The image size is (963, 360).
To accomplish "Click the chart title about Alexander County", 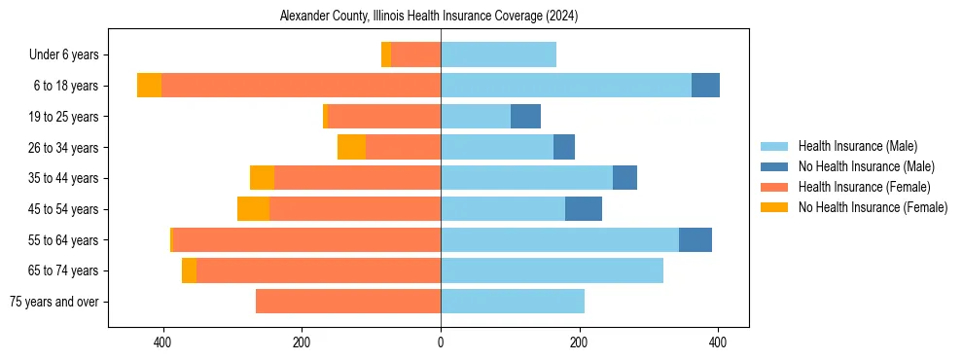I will tap(429, 17).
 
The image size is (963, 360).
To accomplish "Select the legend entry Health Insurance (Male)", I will tap(857, 146).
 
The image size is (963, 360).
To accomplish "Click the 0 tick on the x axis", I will tap(441, 342).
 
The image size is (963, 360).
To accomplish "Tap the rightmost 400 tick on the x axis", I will tap(718, 342).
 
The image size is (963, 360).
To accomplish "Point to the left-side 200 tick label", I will tap(302, 342).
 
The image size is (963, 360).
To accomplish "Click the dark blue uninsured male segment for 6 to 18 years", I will tap(705, 86).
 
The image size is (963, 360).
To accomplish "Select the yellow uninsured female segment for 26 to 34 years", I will tap(351, 147).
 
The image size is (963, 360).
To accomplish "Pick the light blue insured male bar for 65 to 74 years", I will tap(552, 270).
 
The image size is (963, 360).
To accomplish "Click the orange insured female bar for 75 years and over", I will tap(348, 302).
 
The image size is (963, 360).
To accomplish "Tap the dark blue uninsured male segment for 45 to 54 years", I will tap(584, 209).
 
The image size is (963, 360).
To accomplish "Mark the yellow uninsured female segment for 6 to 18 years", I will tap(149, 86).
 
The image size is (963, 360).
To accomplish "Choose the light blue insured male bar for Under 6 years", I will tap(498, 54).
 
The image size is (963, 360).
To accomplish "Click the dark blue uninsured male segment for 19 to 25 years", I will tap(525, 117).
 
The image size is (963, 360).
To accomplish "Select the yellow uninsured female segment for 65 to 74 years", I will tap(189, 270).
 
